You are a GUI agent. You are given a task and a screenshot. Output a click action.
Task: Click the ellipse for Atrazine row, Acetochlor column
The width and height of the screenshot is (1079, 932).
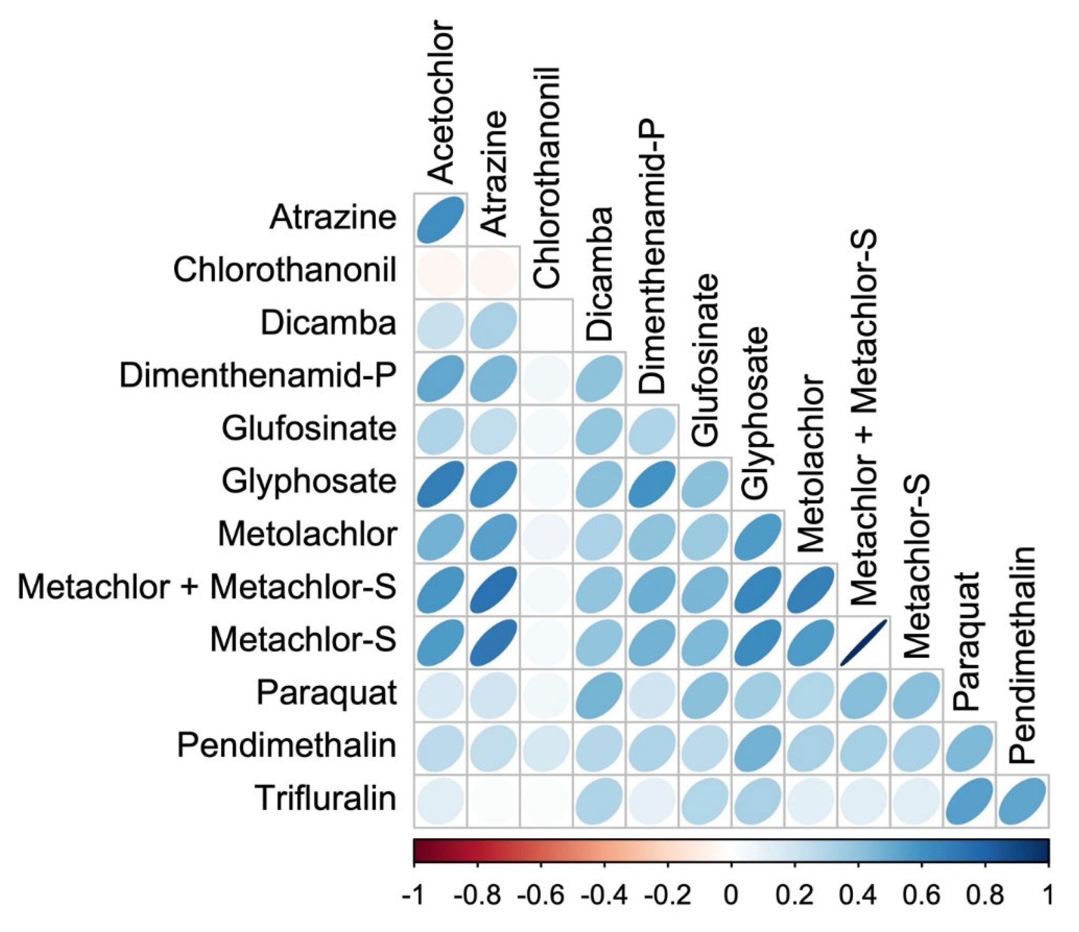click(441, 220)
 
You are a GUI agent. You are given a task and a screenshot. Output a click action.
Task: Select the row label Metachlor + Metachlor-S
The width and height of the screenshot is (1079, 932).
click(207, 587)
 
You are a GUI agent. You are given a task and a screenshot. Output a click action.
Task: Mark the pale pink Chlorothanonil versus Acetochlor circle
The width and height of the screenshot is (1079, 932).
click(441, 272)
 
